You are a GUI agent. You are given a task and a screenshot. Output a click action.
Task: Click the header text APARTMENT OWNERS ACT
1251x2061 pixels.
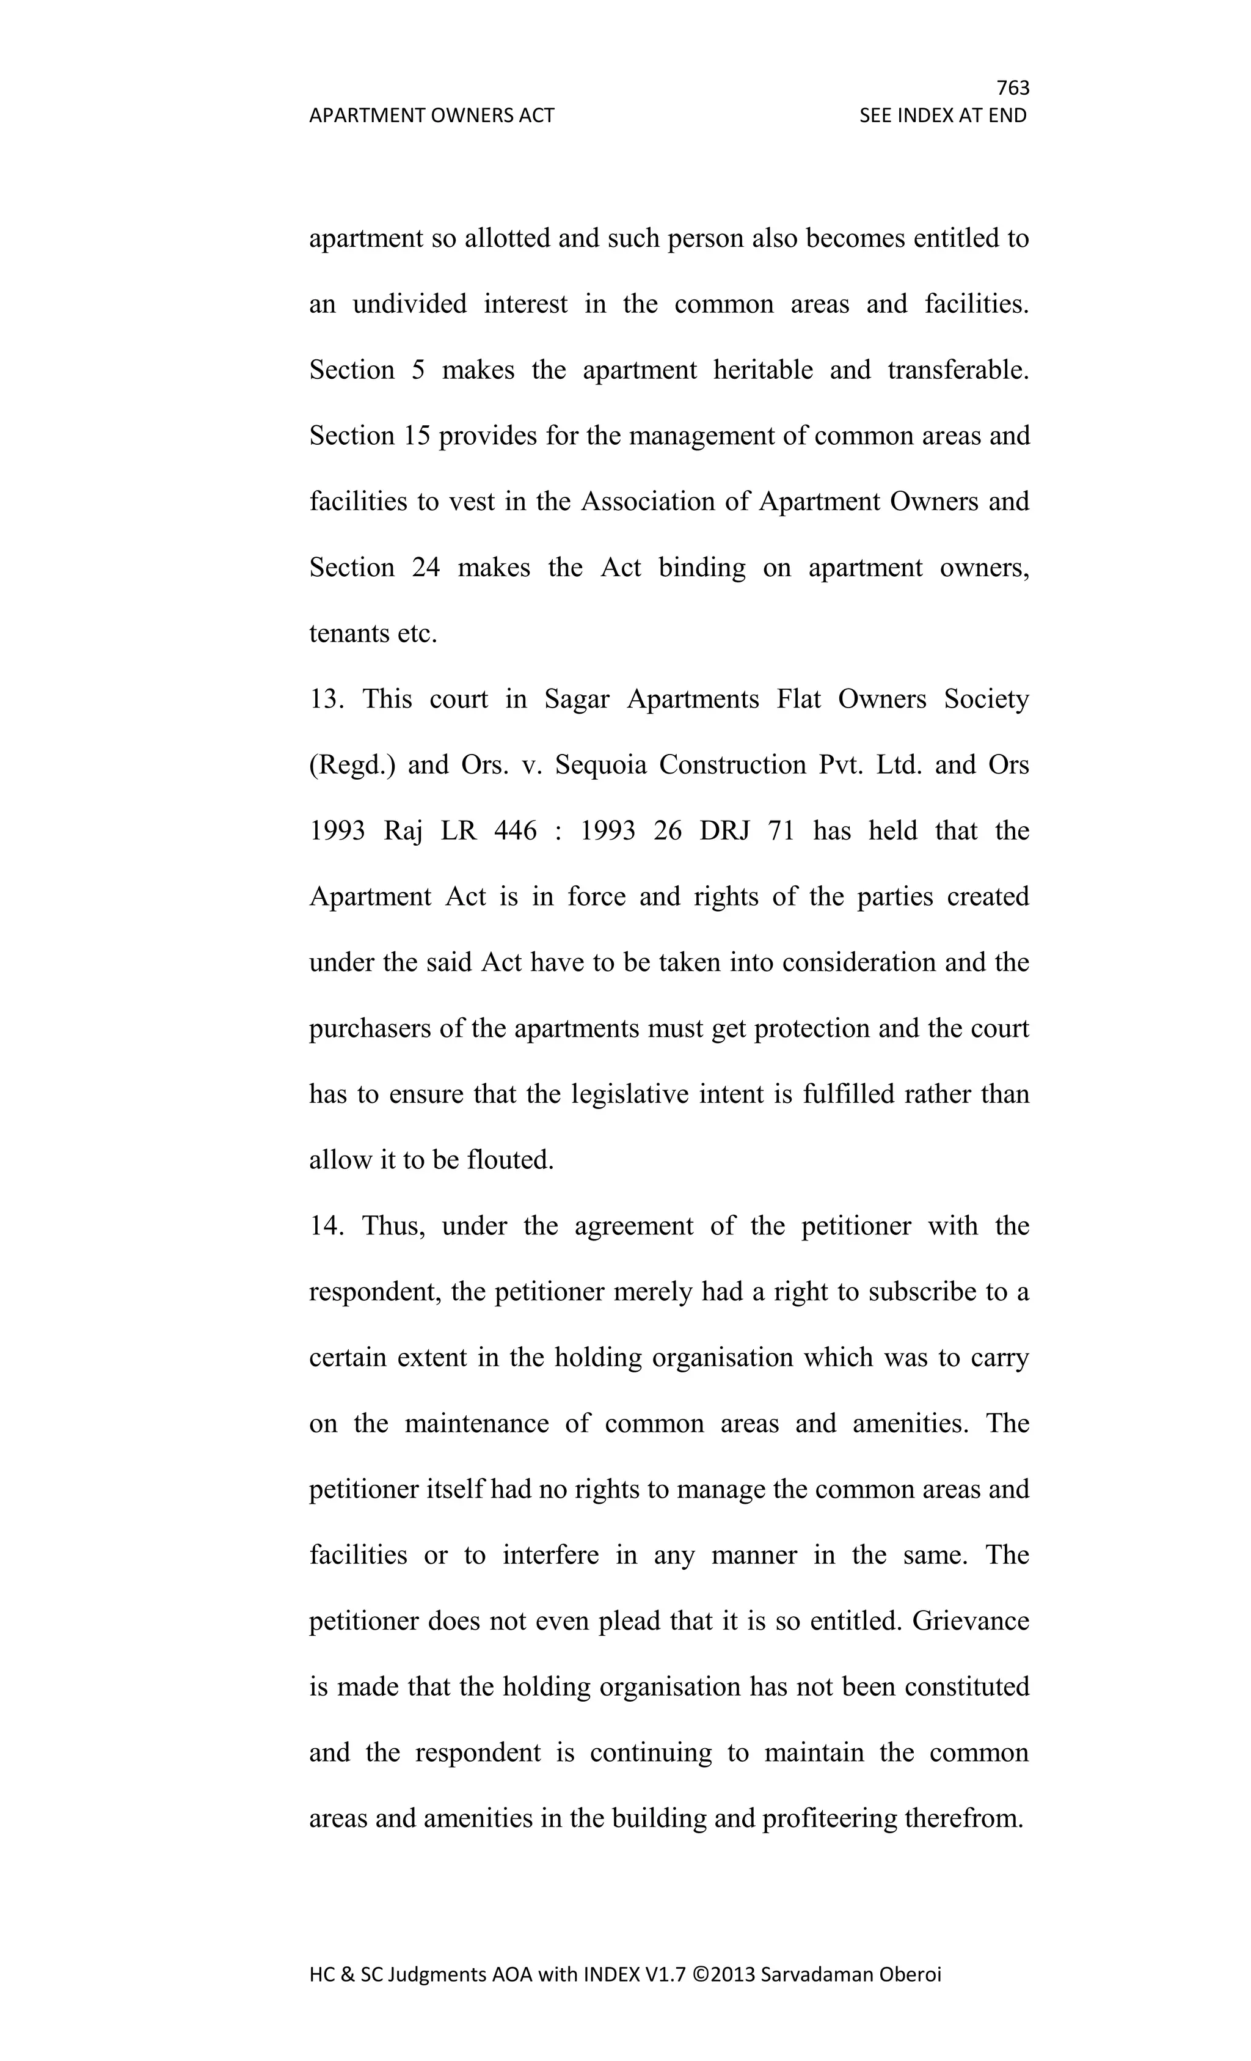431,115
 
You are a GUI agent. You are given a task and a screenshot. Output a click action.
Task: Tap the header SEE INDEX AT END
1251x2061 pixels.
943,115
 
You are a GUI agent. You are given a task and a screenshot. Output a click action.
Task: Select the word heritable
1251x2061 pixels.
763,370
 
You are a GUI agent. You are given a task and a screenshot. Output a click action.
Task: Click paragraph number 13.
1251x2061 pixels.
326,698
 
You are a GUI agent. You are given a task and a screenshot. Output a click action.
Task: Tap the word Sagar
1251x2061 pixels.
577,698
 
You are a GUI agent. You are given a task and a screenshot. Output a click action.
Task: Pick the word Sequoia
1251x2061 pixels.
600,764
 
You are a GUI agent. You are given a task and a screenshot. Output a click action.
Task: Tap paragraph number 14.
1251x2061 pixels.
326,1225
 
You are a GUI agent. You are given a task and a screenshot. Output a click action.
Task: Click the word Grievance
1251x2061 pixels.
970,1621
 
